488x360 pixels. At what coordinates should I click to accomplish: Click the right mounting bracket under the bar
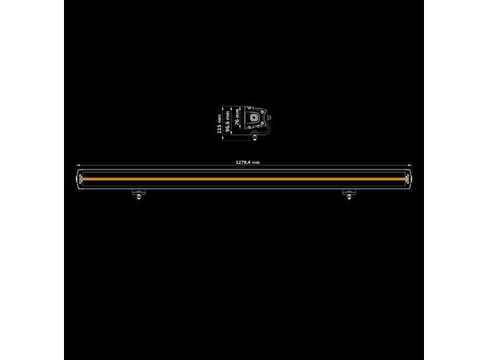tap(348, 193)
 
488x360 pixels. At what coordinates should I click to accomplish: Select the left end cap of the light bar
tap(80, 178)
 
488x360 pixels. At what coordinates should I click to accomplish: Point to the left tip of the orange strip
tap(86, 178)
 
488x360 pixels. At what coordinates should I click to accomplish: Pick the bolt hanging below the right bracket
tap(348, 199)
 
